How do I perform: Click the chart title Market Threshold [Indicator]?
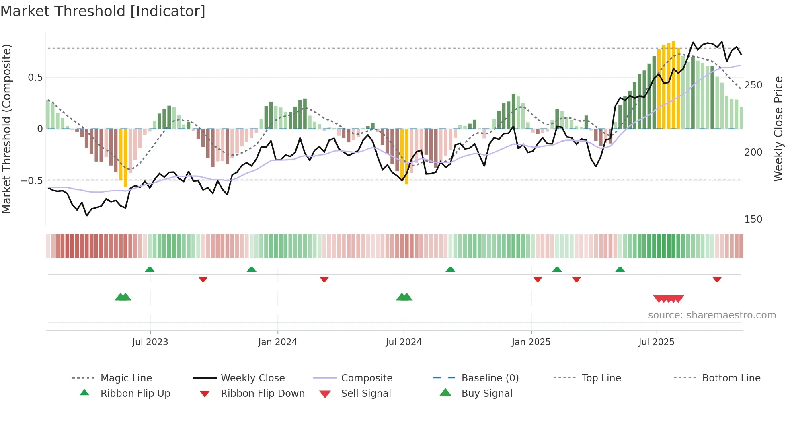[x=103, y=11]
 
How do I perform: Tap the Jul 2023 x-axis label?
[x=150, y=342]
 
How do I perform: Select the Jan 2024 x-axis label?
[x=277, y=342]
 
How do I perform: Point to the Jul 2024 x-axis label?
[x=404, y=342]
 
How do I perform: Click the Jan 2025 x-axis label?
[x=531, y=342]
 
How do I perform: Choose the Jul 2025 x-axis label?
[x=657, y=342]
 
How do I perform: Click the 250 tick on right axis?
[x=753, y=85]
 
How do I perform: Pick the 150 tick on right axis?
[x=753, y=219]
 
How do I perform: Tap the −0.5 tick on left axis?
[x=32, y=181]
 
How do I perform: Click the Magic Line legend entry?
[x=126, y=378]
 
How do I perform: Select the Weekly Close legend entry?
[x=252, y=378]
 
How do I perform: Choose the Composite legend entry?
[x=366, y=378]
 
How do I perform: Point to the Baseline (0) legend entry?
[x=490, y=378]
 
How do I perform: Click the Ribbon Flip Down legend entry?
[x=262, y=394]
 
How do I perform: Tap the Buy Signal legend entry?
[x=486, y=394]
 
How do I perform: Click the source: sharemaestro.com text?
[x=712, y=315]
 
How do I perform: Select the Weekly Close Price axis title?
[x=778, y=129]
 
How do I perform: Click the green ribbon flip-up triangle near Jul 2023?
[x=150, y=269]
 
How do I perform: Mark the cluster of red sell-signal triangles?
[x=668, y=299]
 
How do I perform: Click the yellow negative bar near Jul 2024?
[x=406, y=157]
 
